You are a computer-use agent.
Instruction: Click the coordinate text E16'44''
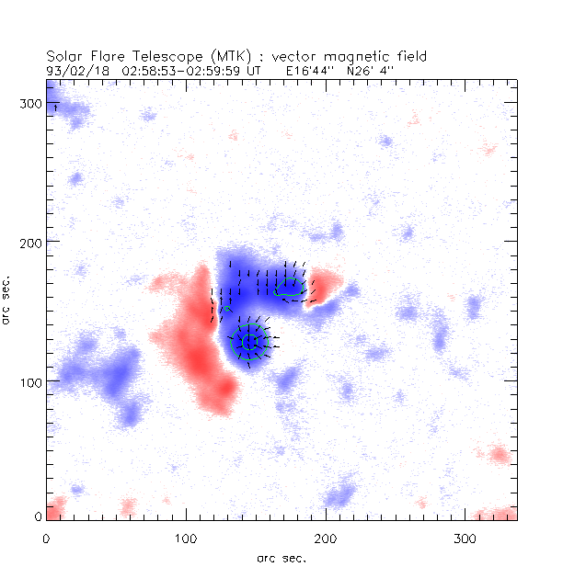pyautogui.click(x=308, y=69)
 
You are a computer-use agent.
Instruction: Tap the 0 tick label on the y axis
pyautogui.click(x=38, y=517)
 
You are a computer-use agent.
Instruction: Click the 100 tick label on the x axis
pyautogui.click(x=186, y=537)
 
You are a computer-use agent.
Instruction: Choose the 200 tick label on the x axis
pyautogui.click(x=326, y=537)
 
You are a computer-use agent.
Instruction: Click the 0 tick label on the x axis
pyautogui.click(x=46, y=537)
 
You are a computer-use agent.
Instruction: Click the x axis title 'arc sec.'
pyautogui.click(x=281, y=557)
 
